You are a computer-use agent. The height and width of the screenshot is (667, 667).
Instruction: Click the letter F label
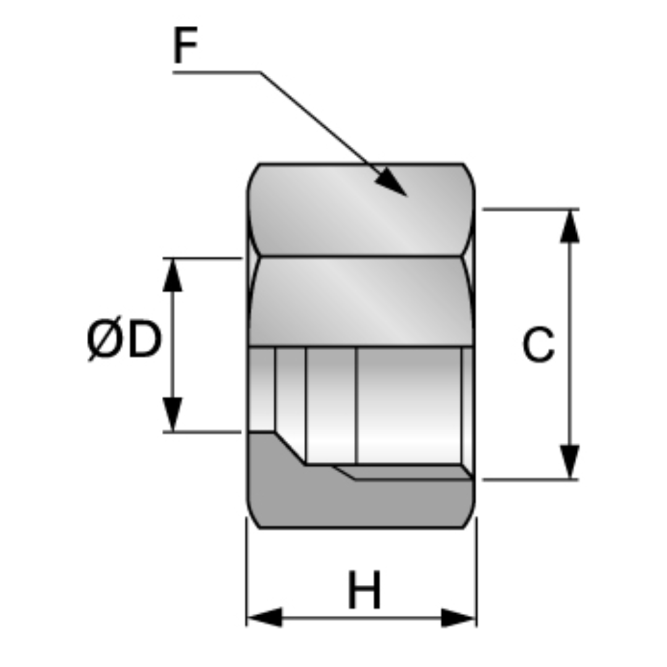click(185, 46)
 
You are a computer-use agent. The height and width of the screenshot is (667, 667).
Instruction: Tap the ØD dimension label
click(124, 340)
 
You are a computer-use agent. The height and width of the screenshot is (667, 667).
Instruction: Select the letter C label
click(538, 345)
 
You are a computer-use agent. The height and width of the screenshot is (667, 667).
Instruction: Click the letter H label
click(364, 591)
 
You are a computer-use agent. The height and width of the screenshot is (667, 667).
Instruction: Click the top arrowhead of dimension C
click(569, 226)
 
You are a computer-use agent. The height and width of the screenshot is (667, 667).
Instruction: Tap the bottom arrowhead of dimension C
click(569, 461)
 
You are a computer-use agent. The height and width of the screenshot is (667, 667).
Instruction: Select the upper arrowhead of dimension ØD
click(172, 275)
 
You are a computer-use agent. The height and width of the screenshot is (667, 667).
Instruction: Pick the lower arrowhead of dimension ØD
click(172, 414)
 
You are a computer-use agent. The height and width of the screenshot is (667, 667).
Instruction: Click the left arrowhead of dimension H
click(264, 617)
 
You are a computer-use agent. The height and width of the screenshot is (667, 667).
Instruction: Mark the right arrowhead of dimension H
click(458, 617)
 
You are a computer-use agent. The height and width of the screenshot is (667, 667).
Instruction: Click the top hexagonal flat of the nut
click(361, 210)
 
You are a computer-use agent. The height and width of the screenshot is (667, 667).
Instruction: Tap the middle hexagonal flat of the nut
click(361, 301)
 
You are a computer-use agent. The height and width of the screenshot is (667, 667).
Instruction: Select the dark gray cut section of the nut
click(361, 500)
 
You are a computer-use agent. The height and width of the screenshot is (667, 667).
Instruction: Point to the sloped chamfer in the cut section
click(289, 448)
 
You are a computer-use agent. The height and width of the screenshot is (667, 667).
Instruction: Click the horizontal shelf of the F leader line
click(216, 72)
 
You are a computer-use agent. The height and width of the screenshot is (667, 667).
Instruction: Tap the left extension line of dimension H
click(246, 571)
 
